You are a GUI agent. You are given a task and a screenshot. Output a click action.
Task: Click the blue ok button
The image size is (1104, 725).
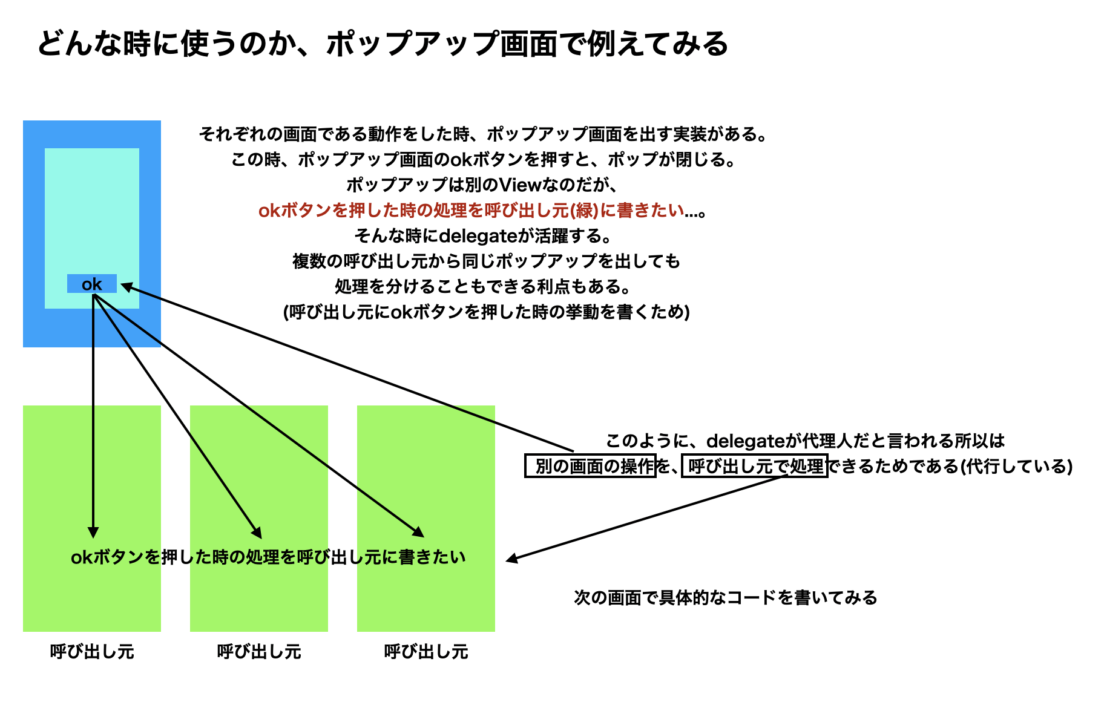[x=91, y=284]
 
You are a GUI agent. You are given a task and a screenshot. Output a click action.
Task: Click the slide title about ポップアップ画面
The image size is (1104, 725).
[x=383, y=44]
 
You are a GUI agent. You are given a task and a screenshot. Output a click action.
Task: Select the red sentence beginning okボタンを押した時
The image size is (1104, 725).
[x=482, y=210]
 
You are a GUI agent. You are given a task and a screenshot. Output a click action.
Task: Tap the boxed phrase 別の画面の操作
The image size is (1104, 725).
[x=590, y=466]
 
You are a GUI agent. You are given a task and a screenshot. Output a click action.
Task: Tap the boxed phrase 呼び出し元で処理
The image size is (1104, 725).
[x=755, y=466]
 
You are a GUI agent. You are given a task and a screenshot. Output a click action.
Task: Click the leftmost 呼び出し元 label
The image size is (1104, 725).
[x=92, y=652]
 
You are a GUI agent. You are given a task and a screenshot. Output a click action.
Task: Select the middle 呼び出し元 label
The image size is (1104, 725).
[x=259, y=652]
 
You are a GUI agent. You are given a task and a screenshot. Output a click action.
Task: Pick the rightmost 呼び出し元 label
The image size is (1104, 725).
[x=426, y=652]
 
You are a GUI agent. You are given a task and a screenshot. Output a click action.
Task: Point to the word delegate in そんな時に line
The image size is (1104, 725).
[x=478, y=235]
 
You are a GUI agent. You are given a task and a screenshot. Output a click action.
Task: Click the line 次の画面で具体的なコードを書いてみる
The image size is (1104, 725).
[x=726, y=598]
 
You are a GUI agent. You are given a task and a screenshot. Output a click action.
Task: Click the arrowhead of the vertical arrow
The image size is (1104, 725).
[x=93, y=532]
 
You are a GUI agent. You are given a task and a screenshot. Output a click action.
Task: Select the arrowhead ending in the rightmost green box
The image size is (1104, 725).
[x=418, y=531]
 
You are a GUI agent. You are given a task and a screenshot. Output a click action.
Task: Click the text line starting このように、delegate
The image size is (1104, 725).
[x=805, y=441]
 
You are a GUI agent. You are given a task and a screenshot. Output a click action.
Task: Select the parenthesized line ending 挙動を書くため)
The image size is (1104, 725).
[x=487, y=312]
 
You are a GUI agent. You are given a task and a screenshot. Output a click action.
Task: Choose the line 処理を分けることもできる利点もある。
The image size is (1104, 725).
[x=484, y=286]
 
